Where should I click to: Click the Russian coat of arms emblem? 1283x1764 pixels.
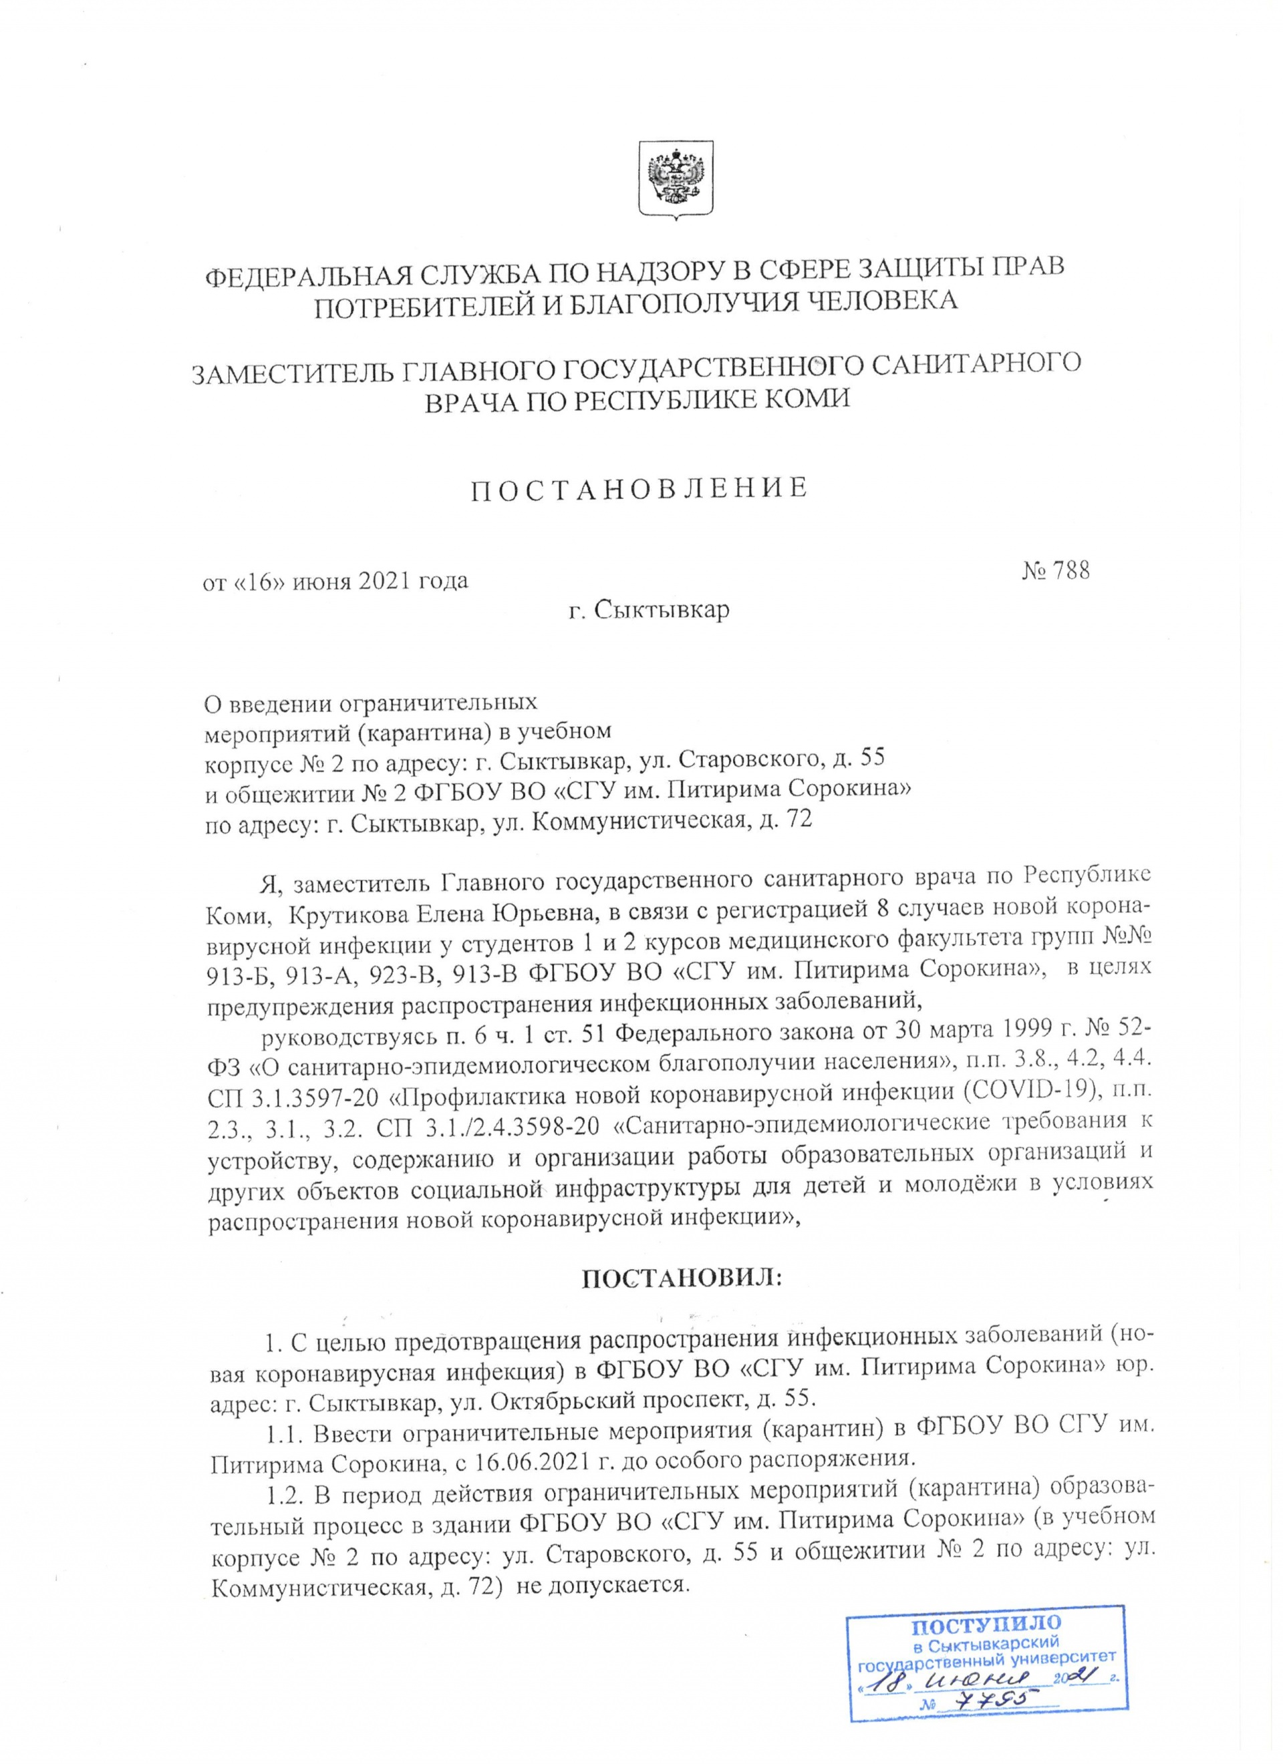point(676,178)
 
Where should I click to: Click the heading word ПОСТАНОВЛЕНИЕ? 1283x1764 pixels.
point(640,488)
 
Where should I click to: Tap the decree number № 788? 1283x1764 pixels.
point(1055,571)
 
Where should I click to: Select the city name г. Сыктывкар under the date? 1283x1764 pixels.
point(648,609)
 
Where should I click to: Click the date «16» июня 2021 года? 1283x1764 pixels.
point(335,581)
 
